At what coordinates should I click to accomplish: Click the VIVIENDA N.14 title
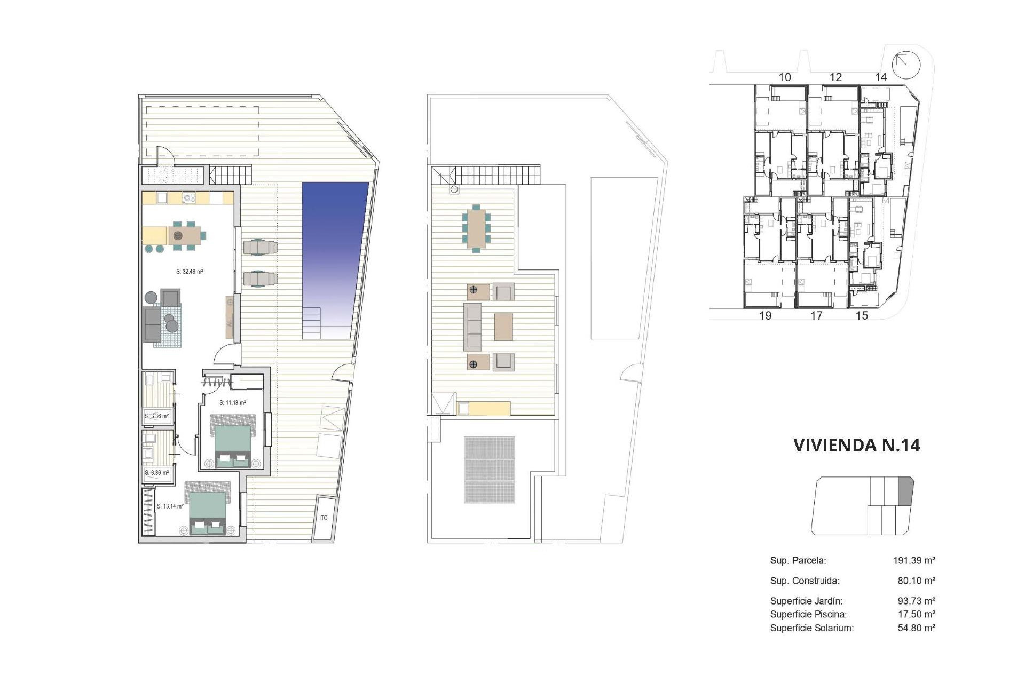pyautogui.click(x=856, y=445)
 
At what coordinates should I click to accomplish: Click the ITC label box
pyautogui.click(x=324, y=518)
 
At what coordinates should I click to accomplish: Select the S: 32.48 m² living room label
pyautogui.click(x=190, y=272)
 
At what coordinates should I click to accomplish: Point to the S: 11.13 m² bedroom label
pyautogui.click(x=232, y=403)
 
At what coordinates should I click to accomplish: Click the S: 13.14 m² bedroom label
pyautogui.click(x=170, y=506)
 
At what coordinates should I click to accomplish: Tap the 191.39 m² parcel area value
pyautogui.click(x=914, y=560)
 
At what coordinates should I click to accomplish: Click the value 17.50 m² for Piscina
pyautogui.click(x=916, y=614)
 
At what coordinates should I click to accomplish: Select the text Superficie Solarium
pyautogui.click(x=811, y=628)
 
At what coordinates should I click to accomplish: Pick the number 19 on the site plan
pyautogui.click(x=765, y=315)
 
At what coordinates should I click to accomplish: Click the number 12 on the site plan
pyautogui.click(x=835, y=77)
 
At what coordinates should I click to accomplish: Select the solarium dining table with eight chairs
pyautogui.click(x=476, y=228)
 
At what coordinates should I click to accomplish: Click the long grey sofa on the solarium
pyautogui.click(x=472, y=327)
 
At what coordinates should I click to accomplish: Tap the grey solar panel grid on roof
pyautogui.click(x=490, y=470)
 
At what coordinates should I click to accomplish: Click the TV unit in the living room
pyautogui.click(x=230, y=317)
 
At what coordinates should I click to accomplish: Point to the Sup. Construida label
pyautogui.click(x=805, y=581)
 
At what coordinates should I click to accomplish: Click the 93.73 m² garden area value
pyautogui.click(x=916, y=601)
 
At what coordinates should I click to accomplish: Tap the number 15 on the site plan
pyautogui.click(x=862, y=315)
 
